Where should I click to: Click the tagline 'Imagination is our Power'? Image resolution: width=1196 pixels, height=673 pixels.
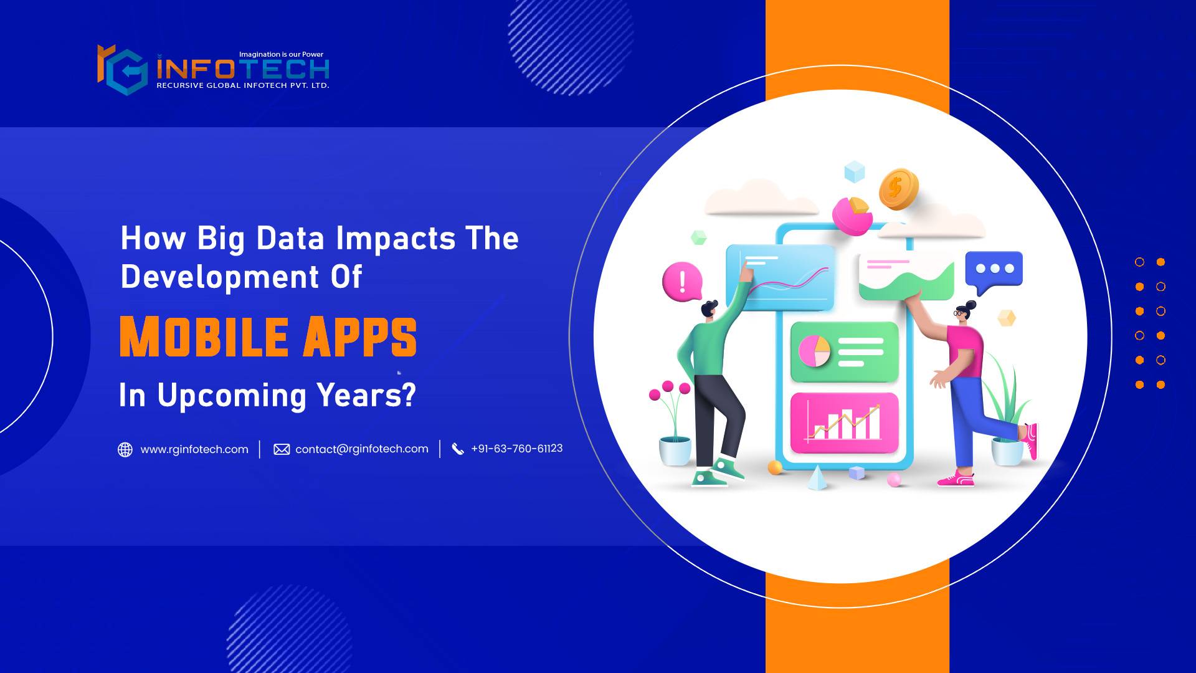[281, 54]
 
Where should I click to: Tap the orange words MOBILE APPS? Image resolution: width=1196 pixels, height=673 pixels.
[268, 337]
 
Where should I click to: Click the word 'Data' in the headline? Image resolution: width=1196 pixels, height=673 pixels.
[290, 239]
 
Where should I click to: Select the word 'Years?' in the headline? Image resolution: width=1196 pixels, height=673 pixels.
[366, 395]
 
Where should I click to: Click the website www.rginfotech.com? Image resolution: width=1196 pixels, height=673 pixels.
[194, 449]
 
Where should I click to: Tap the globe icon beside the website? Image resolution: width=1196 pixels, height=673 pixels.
[125, 449]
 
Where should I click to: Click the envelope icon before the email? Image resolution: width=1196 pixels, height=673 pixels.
[282, 449]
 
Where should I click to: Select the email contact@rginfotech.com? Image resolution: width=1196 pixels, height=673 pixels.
[361, 449]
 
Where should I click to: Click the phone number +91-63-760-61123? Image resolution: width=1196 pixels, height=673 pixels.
[516, 449]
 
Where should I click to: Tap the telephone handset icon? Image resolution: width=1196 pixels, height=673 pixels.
[458, 449]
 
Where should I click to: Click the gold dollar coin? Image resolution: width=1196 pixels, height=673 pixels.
[898, 188]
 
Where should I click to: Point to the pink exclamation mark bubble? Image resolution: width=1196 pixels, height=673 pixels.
[683, 281]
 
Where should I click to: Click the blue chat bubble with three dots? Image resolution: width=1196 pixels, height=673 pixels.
[994, 270]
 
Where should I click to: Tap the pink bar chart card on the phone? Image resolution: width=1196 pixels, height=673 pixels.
[844, 422]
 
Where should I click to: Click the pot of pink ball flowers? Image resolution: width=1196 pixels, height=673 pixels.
[673, 424]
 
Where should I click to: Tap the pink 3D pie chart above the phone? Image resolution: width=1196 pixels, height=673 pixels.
[852, 216]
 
